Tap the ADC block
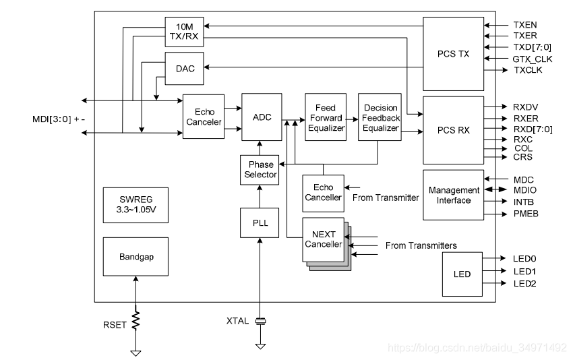[262, 117]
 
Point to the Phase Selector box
[260, 170]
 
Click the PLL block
[260, 223]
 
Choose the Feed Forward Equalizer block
[326, 117]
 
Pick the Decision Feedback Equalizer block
[380, 117]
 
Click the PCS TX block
[453, 54]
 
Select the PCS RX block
[453, 130]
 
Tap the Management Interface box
[453, 195]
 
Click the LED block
[462, 274]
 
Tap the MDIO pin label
[525, 190]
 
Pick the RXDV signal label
[525, 107]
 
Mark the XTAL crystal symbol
[260, 322]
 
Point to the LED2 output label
[524, 283]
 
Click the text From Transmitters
[421, 245]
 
